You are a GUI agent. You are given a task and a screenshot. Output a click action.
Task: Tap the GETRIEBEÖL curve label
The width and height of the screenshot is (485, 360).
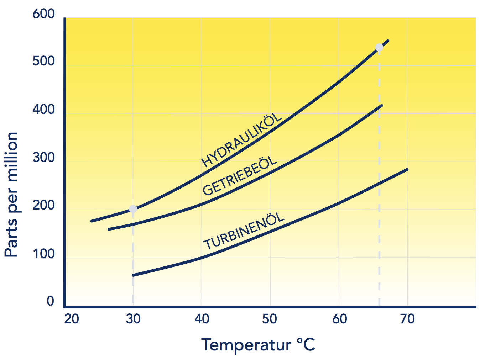point(240,176)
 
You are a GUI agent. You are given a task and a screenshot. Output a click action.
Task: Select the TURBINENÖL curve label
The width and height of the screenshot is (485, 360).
point(244,232)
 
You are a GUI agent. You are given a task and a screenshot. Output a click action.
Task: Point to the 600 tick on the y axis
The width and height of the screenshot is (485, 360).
point(44,14)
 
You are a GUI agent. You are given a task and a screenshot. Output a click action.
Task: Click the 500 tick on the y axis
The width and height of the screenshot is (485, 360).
point(44,62)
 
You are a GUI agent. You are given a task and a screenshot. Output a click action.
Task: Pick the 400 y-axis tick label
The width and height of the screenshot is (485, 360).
point(44,110)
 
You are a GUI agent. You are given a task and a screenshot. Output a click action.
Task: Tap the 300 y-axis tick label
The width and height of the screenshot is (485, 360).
point(44,157)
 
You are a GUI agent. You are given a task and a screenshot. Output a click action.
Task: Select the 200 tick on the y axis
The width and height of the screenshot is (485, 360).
point(44,206)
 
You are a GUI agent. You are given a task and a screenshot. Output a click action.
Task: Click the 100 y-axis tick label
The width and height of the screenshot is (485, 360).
point(44,254)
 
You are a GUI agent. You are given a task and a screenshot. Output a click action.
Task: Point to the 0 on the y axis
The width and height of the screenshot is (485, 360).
point(51,301)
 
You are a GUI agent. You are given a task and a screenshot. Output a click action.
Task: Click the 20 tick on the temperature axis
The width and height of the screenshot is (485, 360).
point(72,319)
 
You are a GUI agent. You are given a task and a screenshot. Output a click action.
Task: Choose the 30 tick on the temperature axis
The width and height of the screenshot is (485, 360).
point(133,319)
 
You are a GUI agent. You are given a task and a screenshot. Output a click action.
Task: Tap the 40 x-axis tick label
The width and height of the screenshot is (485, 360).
point(202,319)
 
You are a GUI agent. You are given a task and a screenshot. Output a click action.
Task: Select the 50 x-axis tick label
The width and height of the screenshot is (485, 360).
point(270,319)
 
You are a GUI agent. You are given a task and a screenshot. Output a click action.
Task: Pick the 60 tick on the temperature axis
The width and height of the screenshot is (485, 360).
point(339,319)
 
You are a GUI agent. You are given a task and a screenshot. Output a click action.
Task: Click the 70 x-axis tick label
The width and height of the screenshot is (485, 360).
point(407,319)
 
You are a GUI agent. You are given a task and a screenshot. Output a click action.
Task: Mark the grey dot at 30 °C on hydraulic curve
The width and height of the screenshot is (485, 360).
point(133,209)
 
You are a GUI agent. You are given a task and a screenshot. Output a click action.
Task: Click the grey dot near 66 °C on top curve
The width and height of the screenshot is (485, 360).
point(379,48)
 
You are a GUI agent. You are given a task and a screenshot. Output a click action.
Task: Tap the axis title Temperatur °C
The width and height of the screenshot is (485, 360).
point(258,345)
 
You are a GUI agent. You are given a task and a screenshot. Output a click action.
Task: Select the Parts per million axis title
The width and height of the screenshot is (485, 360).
point(11,195)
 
